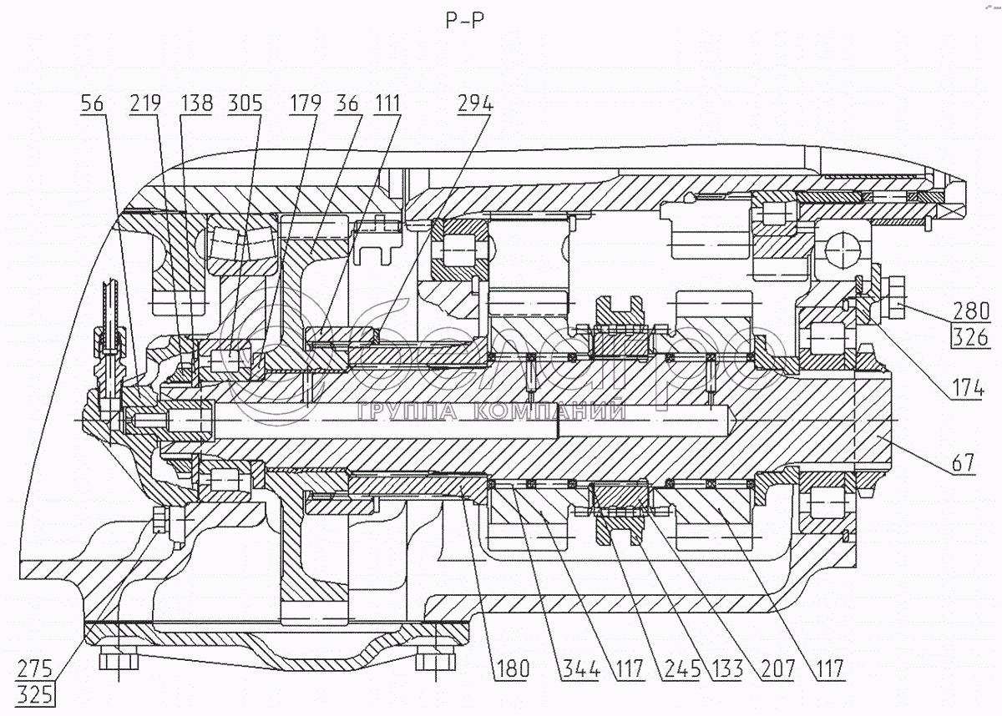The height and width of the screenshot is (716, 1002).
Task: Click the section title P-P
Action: pyautogui.click(x=464, y=21)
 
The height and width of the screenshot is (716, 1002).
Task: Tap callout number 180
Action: pyautogui.click(x=510, y=668)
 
